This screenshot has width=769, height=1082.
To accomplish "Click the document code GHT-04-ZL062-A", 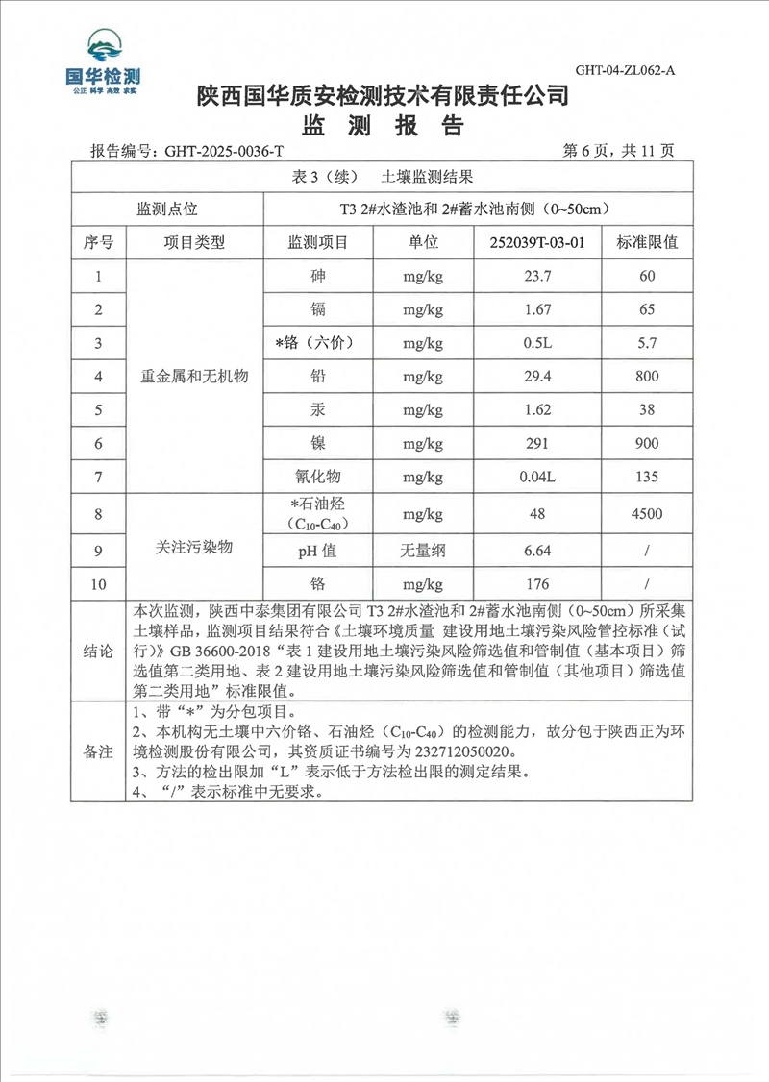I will pos(625,69).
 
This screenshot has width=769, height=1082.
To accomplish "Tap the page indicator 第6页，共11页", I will pos(619,151).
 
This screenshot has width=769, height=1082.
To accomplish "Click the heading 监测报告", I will pos(384,126).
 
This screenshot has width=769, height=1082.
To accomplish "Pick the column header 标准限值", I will pos(647,242).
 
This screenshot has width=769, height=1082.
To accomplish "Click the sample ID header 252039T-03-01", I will pos(537,242).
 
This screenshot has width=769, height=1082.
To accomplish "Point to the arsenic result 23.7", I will pos(537,277).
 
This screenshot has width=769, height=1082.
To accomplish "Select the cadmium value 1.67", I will pos(537,309).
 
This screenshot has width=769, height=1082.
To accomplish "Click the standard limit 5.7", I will pos(647,343).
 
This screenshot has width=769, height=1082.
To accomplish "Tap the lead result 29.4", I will pos(537,377).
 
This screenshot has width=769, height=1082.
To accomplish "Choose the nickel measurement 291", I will pos(537,443).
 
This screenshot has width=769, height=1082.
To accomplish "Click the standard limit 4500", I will pos(647,514).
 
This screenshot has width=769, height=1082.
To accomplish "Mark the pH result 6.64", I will pos(537,551).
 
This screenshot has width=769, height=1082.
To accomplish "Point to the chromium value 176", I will pos(537,584).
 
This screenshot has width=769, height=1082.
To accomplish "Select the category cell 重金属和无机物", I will pos(195,377).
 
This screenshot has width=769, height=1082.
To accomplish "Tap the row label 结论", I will pos(99,650).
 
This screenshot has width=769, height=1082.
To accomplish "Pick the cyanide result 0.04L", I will pos(537,477).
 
